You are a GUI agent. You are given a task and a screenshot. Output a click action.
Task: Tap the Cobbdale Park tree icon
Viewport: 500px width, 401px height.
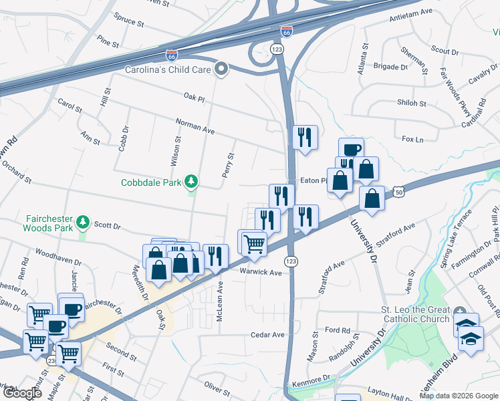(192, 182)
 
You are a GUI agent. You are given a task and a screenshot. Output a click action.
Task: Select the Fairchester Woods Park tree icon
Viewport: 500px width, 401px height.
(82, 221)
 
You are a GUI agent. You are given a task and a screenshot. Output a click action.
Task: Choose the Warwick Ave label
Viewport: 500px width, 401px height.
(261, 272)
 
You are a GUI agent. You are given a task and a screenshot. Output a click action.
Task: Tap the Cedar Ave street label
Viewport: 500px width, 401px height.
(267, 334)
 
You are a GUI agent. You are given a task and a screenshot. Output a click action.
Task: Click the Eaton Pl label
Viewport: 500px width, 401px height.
(313, 180)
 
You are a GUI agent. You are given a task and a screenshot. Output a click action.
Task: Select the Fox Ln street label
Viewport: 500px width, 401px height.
(412, 139)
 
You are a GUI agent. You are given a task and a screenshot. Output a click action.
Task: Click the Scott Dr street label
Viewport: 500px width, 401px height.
(107, 226)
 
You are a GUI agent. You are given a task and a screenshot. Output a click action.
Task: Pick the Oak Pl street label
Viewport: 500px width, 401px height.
(194, 98)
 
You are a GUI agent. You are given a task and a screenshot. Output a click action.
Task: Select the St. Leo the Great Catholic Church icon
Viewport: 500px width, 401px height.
(459, 313)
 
